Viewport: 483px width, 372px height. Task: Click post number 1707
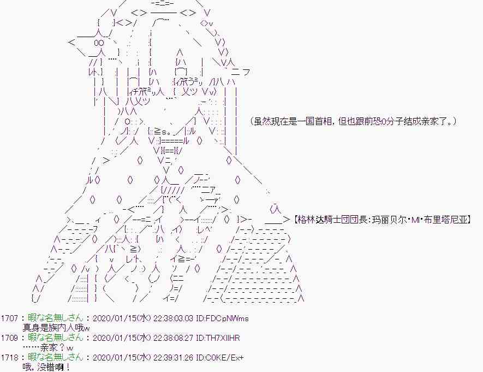(x=9, y=318)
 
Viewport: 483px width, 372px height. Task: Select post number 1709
(x=9, y=338)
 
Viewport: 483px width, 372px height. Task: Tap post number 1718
(x=9, y=357)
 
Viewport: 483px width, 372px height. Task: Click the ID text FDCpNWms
(x=226, y=318)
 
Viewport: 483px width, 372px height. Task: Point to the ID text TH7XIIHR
(x=222, y=338)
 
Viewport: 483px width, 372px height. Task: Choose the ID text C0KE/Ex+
(x=224, y=357)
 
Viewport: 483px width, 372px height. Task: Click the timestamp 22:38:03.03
(x=173, y=318)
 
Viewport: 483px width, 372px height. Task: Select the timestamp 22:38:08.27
(x=173, y=338)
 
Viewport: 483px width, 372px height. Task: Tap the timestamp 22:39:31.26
(x=173, y=357)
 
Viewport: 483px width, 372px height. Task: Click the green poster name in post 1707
(x=56, y=318)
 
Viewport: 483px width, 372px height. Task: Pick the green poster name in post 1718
(x=56, y=357)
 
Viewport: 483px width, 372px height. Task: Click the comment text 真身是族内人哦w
(x=56, y=328)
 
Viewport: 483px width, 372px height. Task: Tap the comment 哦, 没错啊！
(x=46, y=368)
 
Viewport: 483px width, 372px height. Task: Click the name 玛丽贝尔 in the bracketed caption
(x=389, y=220)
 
